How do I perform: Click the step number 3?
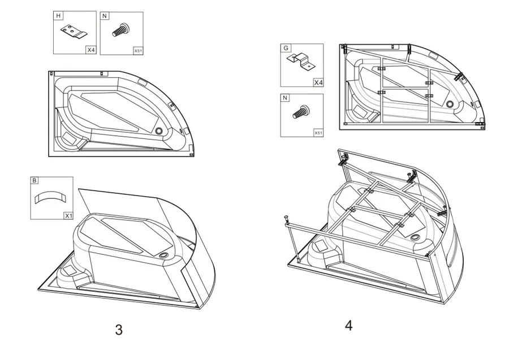119,330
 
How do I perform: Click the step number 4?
348,326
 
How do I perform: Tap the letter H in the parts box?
58,16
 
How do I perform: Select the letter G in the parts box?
286,48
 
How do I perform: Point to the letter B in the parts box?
34,180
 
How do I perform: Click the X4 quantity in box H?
91,50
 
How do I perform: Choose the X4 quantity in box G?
318,83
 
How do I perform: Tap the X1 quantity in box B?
68,216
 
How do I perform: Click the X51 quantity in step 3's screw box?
138,51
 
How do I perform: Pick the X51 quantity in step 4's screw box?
318,133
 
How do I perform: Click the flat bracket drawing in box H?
74,32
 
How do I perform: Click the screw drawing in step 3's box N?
121,29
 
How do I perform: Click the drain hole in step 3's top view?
159,131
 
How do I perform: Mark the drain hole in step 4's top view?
450,104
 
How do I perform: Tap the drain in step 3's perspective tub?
163,255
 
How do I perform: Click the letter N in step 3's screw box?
104,16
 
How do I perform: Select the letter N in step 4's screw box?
284,98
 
